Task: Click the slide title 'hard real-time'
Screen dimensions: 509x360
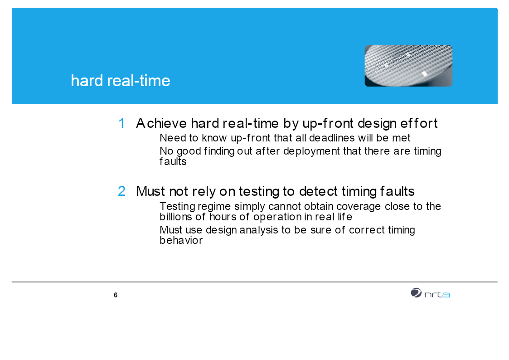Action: coord(121,81)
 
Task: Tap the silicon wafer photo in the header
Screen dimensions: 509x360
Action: coord(408,66)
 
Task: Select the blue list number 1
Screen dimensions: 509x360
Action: coord(122,123)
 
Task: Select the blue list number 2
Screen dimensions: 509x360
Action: coord(122,191)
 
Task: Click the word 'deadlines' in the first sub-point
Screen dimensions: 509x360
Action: coord(332,138)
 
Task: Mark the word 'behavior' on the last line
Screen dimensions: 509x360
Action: coord(181,240)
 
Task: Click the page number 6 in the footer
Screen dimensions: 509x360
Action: coord(116,295)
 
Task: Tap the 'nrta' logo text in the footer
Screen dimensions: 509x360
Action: coord(437,294)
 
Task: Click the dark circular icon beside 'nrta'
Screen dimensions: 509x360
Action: coord(416,293)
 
